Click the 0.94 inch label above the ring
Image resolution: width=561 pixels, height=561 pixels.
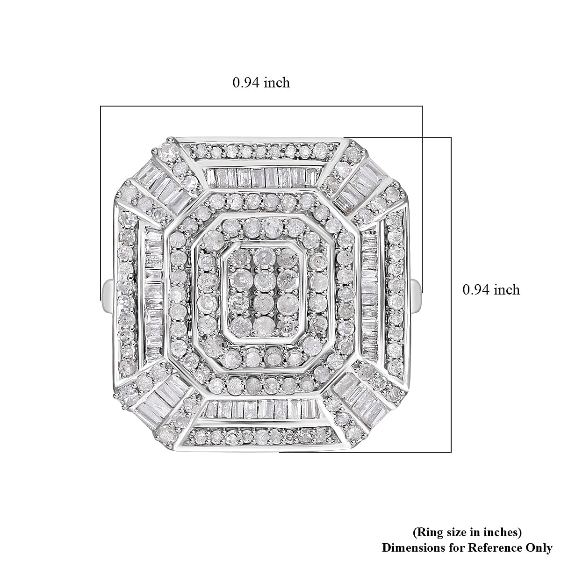tap(261, 83)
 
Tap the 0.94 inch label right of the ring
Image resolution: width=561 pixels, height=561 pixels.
tap(491, 289)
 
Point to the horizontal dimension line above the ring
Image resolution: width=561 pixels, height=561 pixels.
tap(261, 106)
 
